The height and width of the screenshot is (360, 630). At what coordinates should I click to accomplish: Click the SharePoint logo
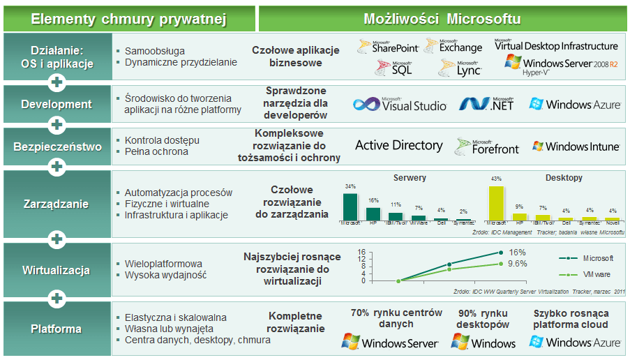point(388,47)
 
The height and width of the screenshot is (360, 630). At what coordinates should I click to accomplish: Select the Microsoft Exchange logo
point(460,47)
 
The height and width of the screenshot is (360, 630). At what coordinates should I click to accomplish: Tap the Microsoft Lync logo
point(460,68)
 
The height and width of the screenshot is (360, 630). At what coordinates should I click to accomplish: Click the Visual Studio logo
point(400,105)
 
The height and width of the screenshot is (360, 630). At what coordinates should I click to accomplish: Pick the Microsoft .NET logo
point(486,105)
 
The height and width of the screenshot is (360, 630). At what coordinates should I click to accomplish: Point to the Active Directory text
point(398,145)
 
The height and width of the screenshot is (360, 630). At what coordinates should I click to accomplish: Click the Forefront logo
point(487,146)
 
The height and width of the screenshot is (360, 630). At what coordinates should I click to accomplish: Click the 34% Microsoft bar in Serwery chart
point(350,207)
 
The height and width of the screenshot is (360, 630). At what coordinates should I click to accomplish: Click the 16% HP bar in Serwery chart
point(373,213)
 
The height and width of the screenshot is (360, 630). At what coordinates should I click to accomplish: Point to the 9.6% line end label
point(517,264)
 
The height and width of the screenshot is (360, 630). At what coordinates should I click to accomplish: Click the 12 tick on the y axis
point(363,259)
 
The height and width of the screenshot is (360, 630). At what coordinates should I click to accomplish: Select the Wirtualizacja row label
point(56,270)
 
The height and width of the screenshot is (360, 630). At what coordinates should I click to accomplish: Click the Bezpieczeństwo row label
point(56,147)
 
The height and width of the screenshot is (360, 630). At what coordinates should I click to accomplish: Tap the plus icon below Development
point(57,125)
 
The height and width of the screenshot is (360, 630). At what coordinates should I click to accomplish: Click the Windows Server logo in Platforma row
point(390,343)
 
